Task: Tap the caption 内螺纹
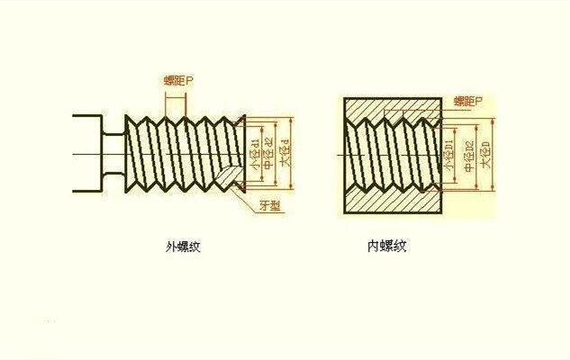click(388, 246)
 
